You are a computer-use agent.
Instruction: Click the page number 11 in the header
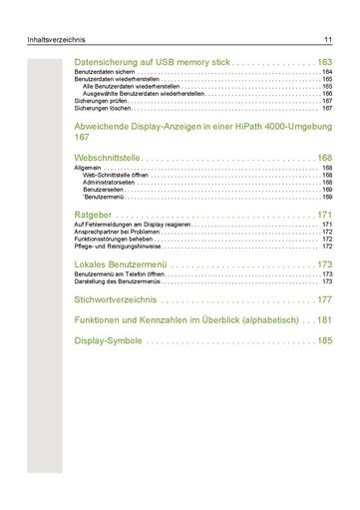(x=326, y=40)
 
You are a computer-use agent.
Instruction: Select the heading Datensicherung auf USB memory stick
(x=153, y=62)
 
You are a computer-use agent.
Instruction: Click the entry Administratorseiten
(x=109, y=183)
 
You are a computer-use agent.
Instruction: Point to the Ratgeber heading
(x=99, y=215)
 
